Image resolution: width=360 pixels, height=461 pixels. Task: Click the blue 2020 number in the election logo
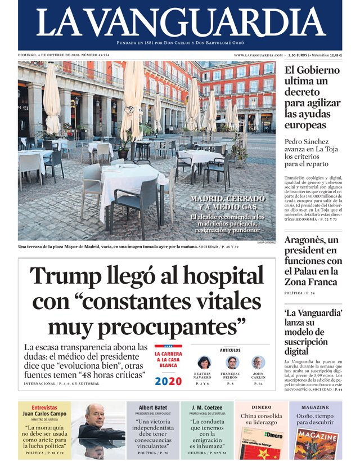[168, 381]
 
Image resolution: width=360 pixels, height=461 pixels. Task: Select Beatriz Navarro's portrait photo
[204, 362]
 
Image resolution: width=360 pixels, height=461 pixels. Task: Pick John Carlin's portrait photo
[258, 362]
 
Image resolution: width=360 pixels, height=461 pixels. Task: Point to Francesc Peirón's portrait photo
[231, 362]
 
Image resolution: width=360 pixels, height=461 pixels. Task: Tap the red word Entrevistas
[44, 407]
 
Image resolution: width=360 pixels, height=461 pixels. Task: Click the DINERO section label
[261, 406]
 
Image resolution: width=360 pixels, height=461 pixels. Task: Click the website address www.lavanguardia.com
[258, 55]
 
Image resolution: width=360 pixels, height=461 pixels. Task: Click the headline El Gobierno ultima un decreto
[312, 97]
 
